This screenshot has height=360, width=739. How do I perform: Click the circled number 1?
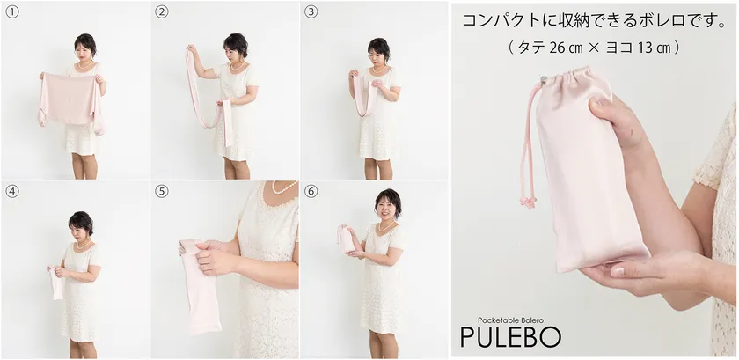[11, 12]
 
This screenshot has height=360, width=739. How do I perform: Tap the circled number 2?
[161, 12]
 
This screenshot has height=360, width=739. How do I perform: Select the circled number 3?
[311, 12]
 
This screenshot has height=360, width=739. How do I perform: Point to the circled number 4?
[11, 192]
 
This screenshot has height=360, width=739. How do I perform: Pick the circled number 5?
[161, 192]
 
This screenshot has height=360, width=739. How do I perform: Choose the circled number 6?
[311, 192]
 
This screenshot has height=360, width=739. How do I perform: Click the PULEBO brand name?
[510, 337]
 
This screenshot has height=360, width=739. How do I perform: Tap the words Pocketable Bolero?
[509, 320]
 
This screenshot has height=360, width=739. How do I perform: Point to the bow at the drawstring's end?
[527, 202]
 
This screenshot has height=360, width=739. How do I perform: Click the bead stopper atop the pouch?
[544, 81]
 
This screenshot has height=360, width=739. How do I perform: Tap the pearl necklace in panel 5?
[285, 188]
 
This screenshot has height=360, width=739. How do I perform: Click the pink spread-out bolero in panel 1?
[70, 100]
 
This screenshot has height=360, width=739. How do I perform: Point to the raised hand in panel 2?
[192, 48]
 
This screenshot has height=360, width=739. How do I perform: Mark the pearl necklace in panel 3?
[378, 69]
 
